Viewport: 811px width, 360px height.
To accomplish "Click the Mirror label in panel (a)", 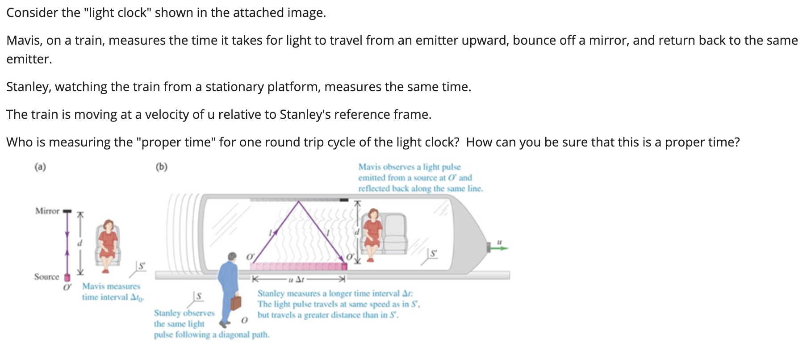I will pos(47,211).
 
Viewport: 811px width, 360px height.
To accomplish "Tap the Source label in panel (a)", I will pos(46,277).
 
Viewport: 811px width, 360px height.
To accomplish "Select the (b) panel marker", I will pos(161,167).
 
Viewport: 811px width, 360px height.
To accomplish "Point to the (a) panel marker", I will pos(40,167).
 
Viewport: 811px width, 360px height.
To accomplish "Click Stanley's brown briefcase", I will pos(235,303).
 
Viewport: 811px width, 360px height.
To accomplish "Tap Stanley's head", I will pos(232,256).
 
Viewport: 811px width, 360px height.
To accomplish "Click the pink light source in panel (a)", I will pos(67,278).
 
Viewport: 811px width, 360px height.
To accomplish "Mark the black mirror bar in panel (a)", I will pos(67,211).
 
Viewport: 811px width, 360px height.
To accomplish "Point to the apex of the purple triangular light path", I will pos(299,201).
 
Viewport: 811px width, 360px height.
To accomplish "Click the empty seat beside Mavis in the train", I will pos(395,232).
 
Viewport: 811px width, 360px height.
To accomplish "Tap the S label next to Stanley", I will pos(199,296).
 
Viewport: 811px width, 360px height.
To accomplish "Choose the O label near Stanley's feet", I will pos(244,321).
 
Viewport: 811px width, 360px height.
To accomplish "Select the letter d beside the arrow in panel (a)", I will pos(80,243).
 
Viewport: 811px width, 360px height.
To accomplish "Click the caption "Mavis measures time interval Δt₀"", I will pos(112,292).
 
